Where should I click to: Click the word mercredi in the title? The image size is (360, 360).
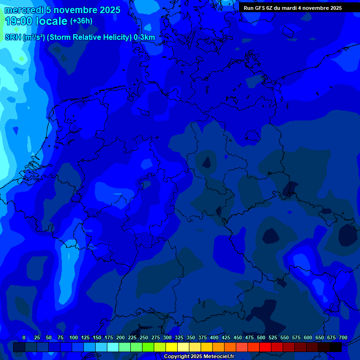pos(24,10)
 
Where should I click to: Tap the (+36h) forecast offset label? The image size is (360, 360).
pos(81,21)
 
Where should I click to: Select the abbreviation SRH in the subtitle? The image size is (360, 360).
pos(13,37)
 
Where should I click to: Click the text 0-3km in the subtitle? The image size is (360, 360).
pos(144,37)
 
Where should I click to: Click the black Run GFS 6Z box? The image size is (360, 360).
pos(292,7)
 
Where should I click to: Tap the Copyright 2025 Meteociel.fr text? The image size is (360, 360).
pos(199,356)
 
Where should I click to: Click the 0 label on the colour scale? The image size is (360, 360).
pos(24,337)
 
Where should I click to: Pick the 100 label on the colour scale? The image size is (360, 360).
pos(74,337)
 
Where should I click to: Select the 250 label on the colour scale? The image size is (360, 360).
pos(144,337)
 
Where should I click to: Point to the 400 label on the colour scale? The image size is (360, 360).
pos(214,337)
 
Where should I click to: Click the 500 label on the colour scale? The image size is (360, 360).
pos(261,337)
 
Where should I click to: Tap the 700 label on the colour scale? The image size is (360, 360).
pos(343,337)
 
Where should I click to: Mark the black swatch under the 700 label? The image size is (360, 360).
pos(336,347)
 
